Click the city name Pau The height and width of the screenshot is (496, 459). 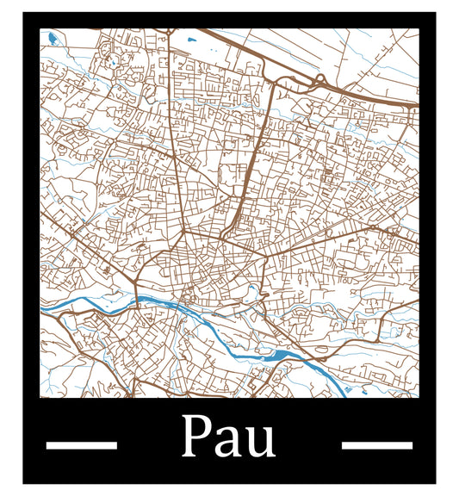(x=228, y=437)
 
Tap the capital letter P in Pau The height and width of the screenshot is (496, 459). (x=197, y=437)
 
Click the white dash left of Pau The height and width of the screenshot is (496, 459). (x=81, y=445)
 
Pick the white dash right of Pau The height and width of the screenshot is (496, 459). (x=377, y=445)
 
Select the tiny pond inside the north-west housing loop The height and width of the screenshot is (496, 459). (x=112, y=63)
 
